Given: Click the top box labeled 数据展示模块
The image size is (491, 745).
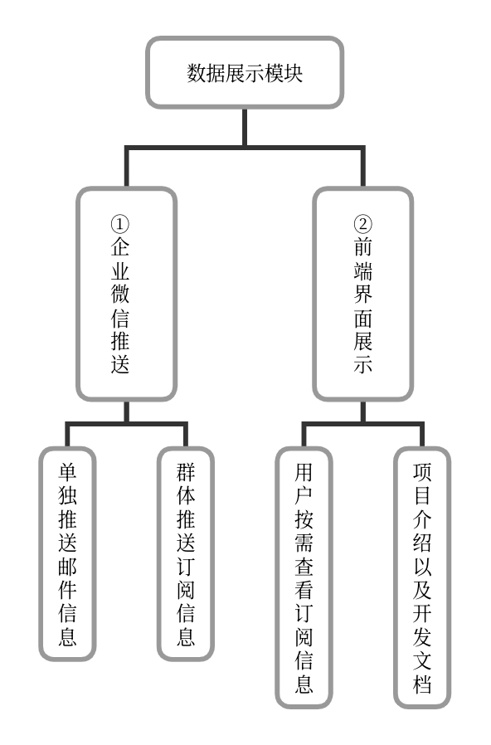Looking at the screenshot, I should (245, 72).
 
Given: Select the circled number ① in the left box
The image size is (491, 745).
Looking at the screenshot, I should (120, 224).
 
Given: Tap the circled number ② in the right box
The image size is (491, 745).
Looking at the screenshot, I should (362, 224).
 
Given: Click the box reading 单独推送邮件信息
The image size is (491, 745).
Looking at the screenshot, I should (67, 553).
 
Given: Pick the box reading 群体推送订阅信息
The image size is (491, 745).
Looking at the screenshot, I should (186, 553).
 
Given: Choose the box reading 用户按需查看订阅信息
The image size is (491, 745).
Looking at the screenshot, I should (304, 577).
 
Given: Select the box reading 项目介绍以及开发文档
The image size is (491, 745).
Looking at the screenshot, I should (422, 577).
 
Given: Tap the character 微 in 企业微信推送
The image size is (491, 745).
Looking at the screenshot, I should (120, 294).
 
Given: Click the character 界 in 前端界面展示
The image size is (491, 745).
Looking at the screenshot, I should (362, 294).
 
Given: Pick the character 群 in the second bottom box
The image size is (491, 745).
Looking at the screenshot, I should (186, 473).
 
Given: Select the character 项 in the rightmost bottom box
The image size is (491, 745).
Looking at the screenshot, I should (422, 473).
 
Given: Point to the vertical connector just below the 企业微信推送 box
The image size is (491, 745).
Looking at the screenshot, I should (126, 412).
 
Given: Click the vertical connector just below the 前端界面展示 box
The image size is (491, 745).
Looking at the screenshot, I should (362, 412).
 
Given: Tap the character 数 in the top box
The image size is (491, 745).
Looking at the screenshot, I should (197, 73).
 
